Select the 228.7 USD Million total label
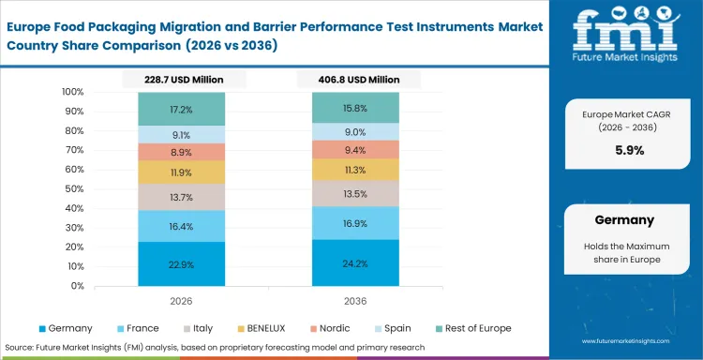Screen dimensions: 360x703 point(174,82)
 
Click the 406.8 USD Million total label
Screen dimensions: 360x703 point(348,82)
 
